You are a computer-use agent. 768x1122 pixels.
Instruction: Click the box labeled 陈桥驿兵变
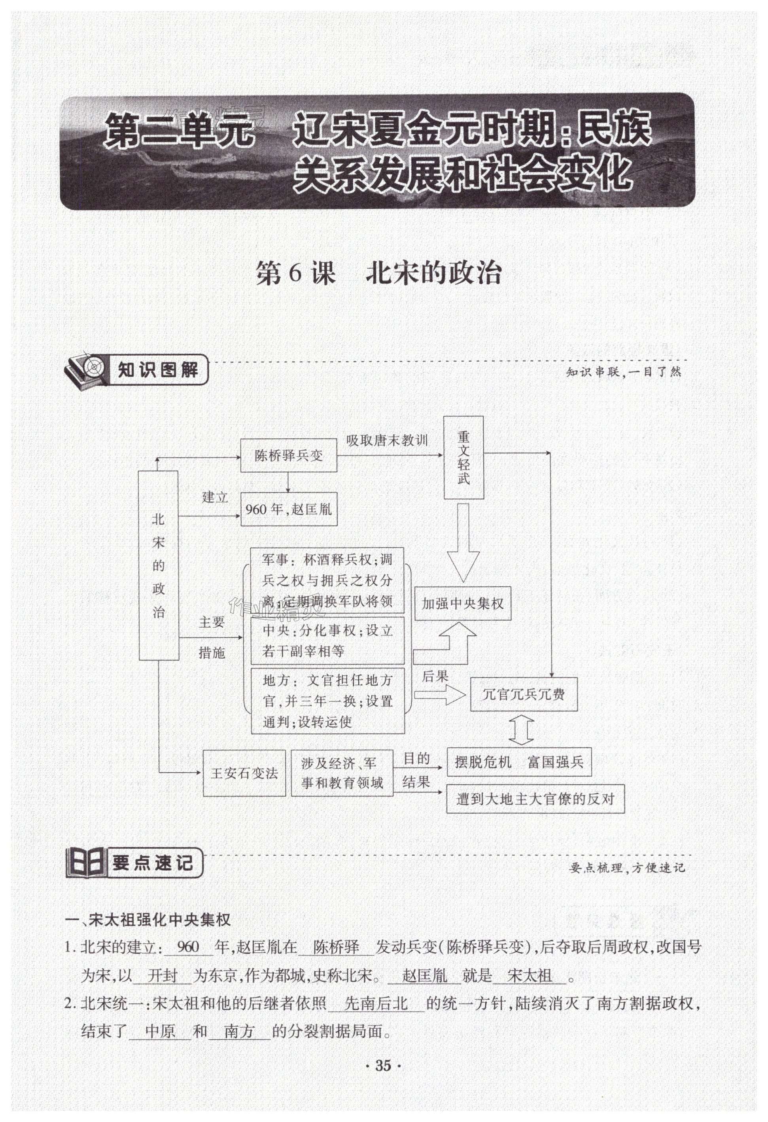(289, 455)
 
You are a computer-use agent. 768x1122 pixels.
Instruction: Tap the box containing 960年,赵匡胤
(289, 509)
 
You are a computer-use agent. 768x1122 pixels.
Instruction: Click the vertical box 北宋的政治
(158, 565)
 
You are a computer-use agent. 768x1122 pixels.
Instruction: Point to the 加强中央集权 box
(462, 603)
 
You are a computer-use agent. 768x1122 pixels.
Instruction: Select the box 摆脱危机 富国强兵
(519, 762)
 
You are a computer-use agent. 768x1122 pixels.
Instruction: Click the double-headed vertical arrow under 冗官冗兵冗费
(522, 730)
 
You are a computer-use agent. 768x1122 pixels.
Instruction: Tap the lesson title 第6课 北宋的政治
(378, 273)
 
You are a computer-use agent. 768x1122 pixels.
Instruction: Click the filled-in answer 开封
(163, 976)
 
